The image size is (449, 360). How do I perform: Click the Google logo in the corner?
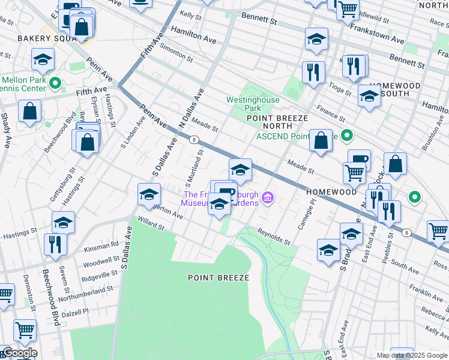pyautogui.click(x=19, y=353)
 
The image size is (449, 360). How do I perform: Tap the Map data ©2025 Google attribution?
pyautogui.click(x=411, y=355)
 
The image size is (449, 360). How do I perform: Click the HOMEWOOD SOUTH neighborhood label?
pyautogui.click(x=394, y=89)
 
